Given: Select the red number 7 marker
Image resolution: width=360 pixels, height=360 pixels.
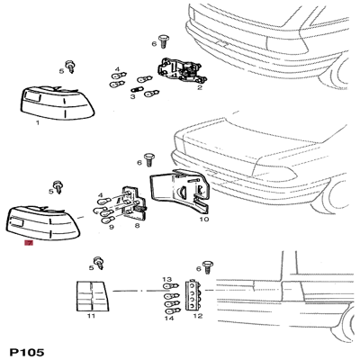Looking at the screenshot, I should pos(28,242).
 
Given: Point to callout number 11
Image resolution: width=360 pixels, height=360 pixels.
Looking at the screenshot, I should pos(90,317).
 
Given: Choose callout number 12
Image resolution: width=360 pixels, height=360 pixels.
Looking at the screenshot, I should pos(197,317).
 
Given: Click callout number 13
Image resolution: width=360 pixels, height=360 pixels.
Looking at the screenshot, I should pos(166,280).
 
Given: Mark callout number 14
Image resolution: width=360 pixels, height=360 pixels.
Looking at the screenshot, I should pos(166,318).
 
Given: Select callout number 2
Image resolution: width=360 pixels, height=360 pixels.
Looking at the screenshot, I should pos(199,87).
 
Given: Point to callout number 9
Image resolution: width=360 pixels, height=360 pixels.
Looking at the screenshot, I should pos(111,229).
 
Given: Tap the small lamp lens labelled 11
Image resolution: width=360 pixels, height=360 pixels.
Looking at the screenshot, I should pos(90,294).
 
